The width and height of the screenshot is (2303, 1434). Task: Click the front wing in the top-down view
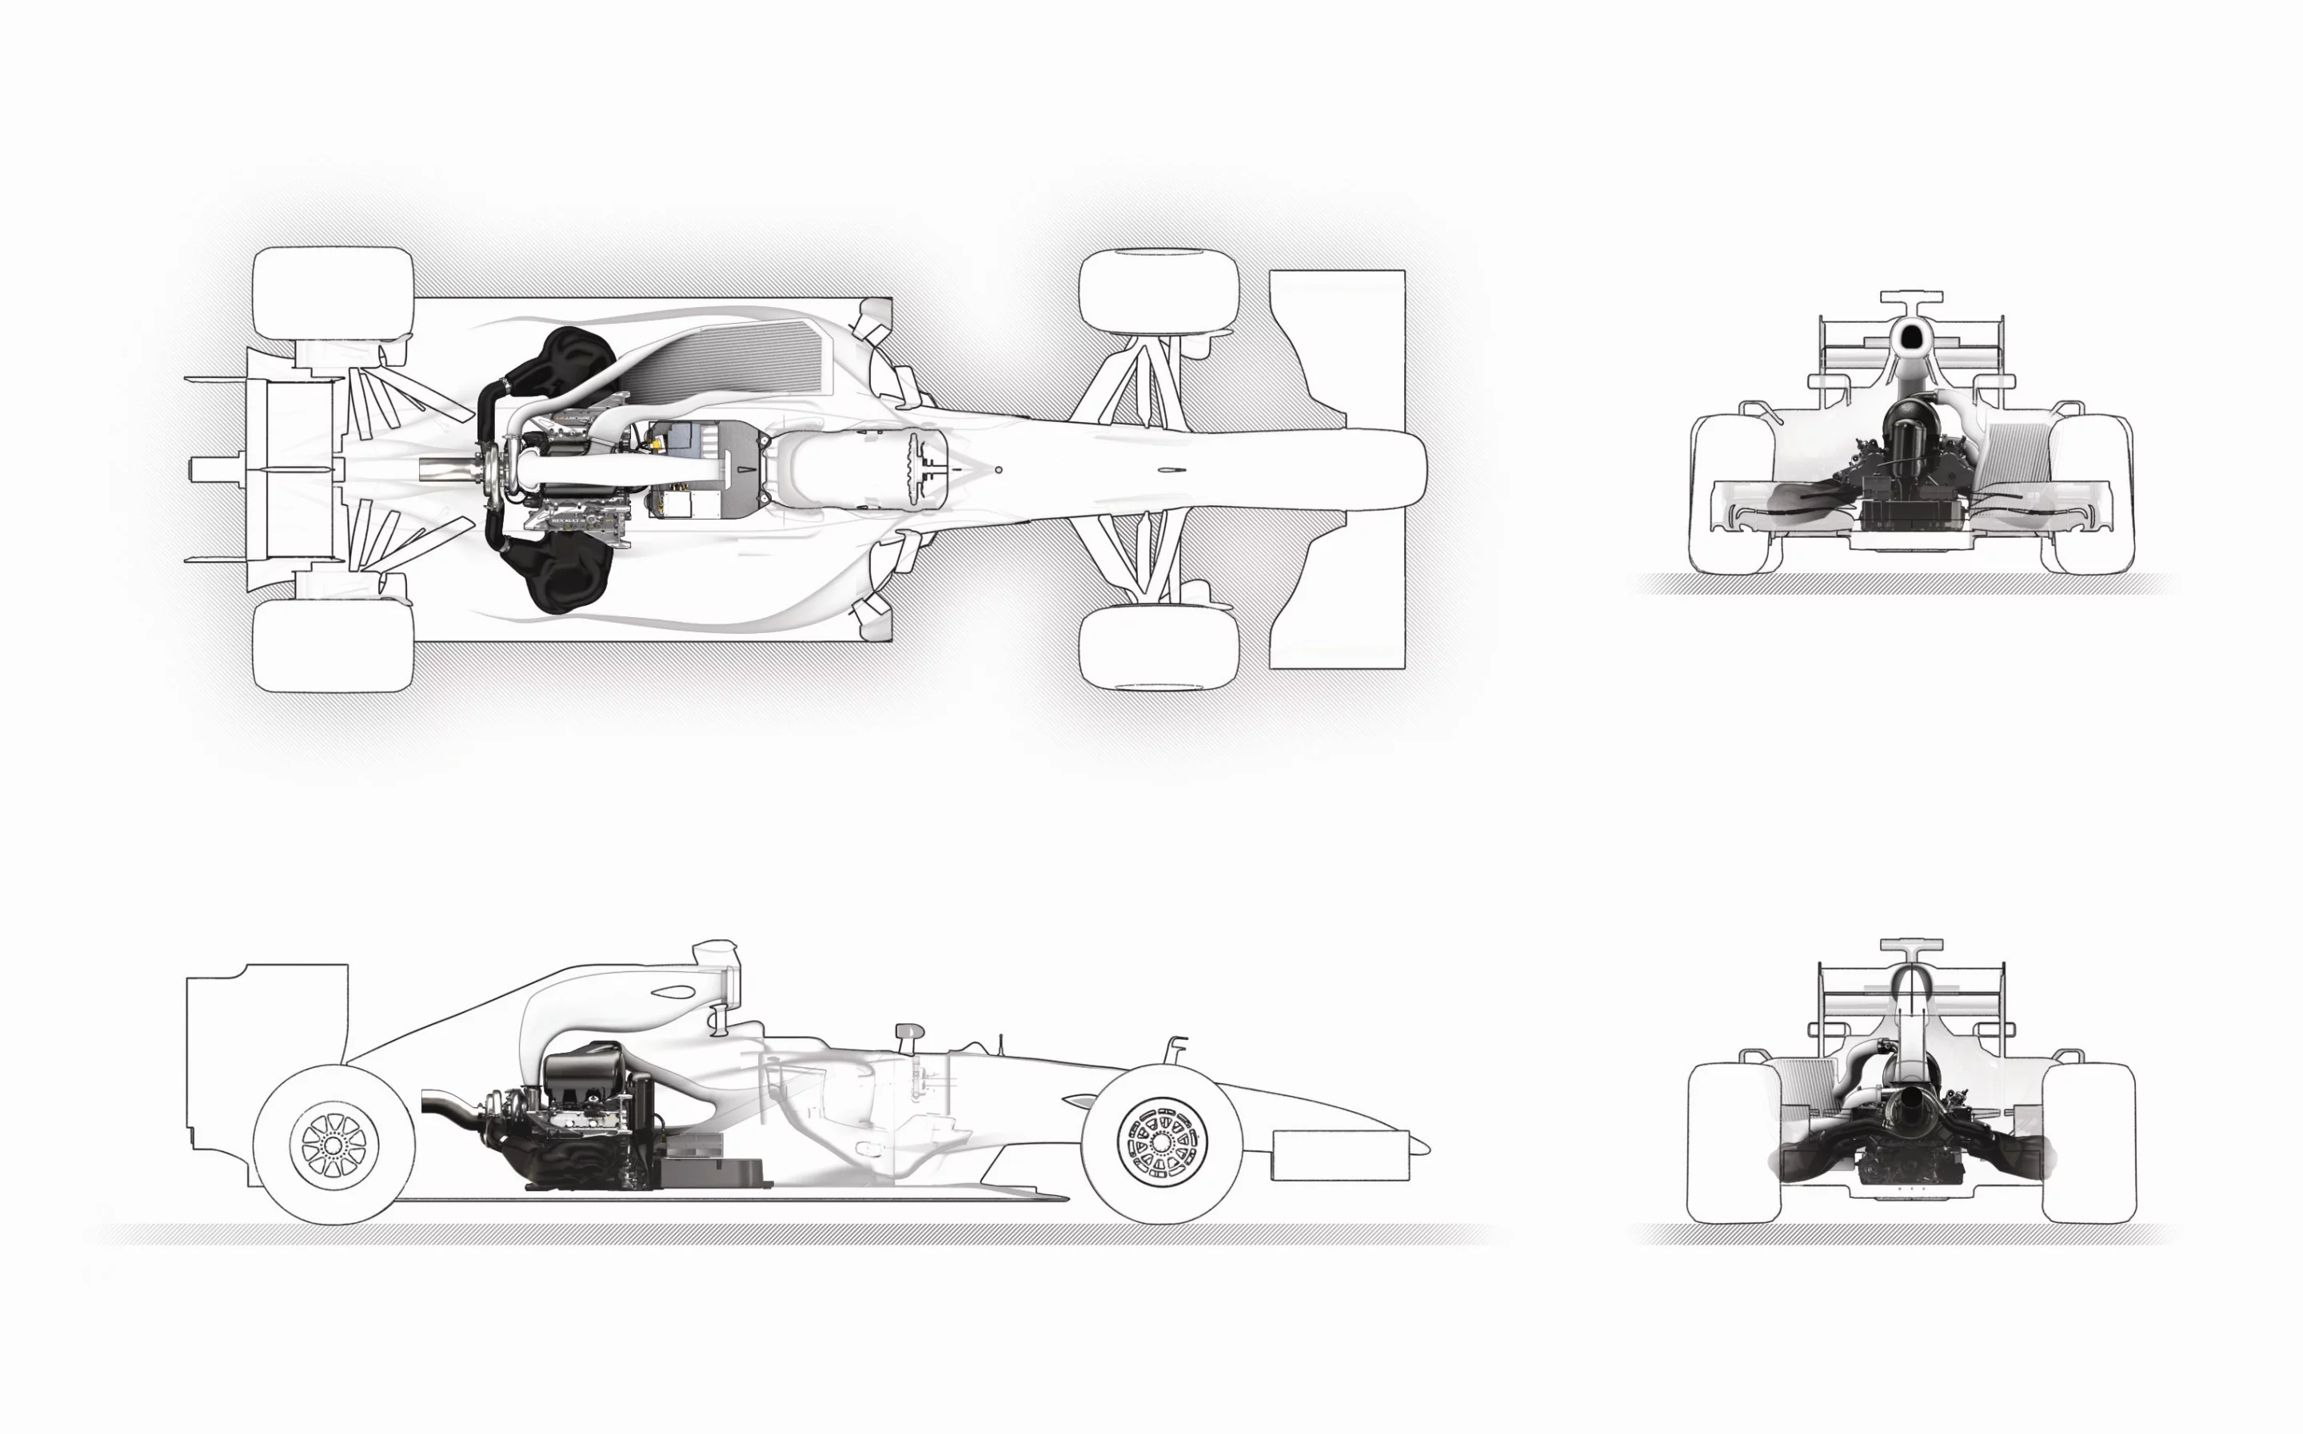1336,469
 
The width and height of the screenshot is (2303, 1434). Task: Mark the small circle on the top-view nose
998,468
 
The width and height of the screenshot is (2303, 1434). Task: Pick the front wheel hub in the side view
1162,1141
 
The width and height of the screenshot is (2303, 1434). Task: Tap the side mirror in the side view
908,1031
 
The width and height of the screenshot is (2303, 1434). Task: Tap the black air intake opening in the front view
1910,335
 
